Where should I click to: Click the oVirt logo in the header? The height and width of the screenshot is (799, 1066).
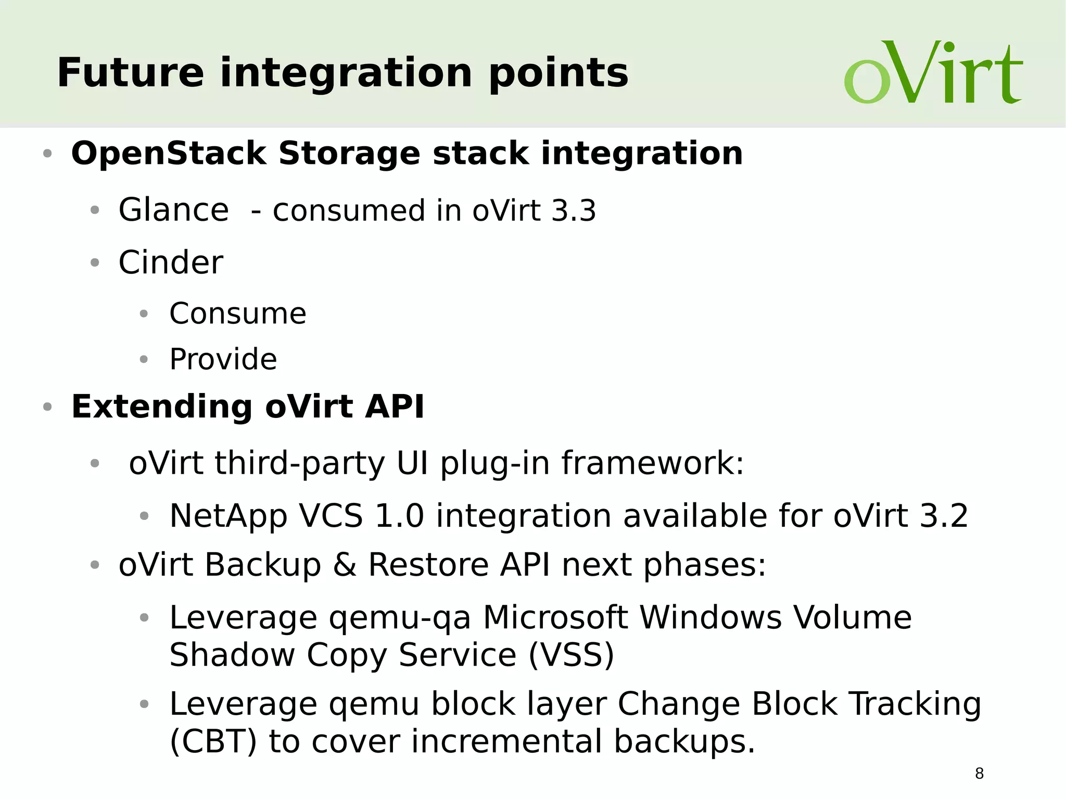[933, 72]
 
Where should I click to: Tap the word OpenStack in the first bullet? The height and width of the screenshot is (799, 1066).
[169, 154]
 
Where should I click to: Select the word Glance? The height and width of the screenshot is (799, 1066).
[173, 210]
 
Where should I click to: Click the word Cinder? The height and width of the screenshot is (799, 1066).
[171, 262]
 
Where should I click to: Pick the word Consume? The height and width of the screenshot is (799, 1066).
[238, 314]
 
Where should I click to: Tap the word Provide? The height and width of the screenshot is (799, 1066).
[223, 360]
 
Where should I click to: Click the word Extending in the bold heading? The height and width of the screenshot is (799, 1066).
[161, 407]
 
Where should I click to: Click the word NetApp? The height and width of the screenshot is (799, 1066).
[229, 516]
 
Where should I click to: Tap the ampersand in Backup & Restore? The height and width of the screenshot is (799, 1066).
[345, 565]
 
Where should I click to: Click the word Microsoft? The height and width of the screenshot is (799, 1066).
[555, 618]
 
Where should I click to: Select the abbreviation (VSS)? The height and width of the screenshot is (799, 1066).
[571, 655]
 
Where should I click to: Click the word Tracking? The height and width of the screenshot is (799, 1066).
[915, 705]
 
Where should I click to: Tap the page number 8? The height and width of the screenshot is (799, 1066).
[979, 773]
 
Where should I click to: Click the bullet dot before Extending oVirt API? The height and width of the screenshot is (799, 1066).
[47, 407]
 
